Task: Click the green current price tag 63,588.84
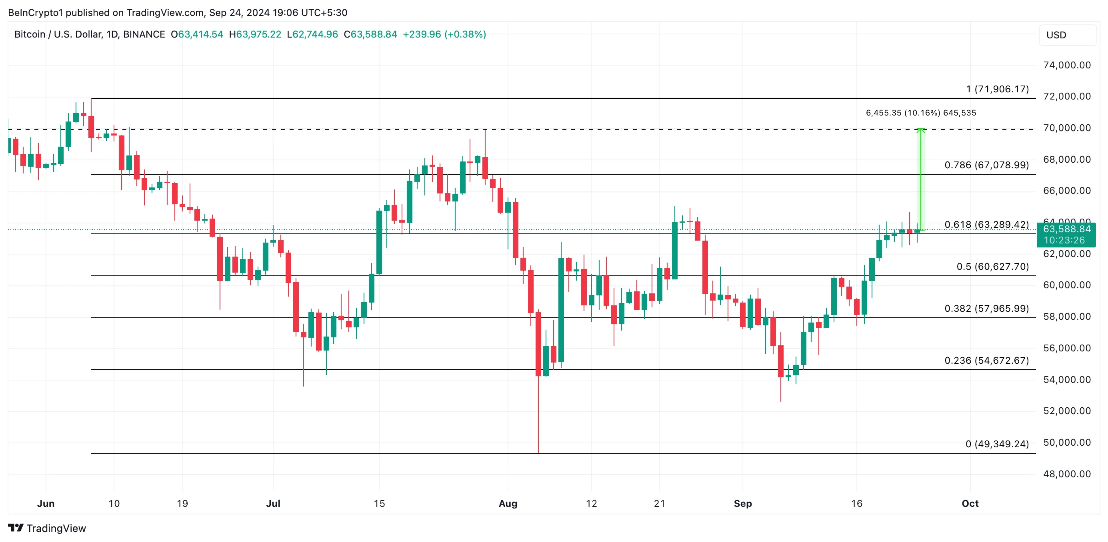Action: click(1066, 229)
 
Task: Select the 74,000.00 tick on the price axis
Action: click(1066, 65)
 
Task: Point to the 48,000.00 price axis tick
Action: click(1066, 474)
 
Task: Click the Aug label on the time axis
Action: click(508, 503)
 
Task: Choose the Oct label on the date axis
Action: click(970, 503)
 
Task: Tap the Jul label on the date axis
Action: click(273, 503)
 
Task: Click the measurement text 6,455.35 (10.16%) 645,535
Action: click(920, 113)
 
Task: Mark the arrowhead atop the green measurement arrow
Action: click(920, 130)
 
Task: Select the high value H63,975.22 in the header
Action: click(255, 34)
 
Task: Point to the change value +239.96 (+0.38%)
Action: click(444, 34)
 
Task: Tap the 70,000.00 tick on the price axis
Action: click(1066, 128)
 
